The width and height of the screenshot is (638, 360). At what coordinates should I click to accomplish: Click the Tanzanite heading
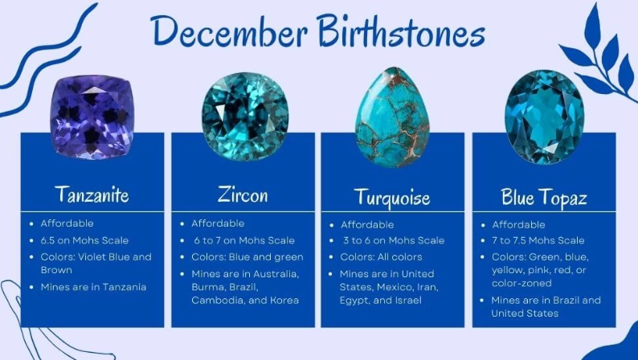coord(92,194)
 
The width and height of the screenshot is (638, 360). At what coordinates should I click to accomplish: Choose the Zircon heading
coord(243,194)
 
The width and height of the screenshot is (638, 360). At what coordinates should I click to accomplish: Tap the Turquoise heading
coord(392,197)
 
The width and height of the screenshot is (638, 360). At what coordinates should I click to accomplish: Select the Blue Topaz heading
coord(543,196)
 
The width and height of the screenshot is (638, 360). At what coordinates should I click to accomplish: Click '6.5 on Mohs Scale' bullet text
coord(84,240)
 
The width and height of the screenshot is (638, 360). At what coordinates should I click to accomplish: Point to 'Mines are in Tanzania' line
coord(94,287)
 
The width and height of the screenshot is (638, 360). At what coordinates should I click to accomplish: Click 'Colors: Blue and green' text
coord(247,257)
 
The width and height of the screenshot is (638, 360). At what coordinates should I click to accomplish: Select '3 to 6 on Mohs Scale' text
coord(393,240)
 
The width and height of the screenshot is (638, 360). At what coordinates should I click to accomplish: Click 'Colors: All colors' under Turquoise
coord(382,257)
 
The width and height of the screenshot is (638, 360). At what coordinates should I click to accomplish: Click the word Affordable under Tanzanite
coord(67,223)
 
